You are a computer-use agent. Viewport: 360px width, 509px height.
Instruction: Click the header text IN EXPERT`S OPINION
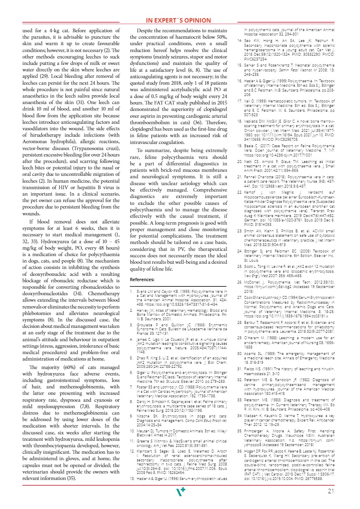[x=178, y=21]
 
